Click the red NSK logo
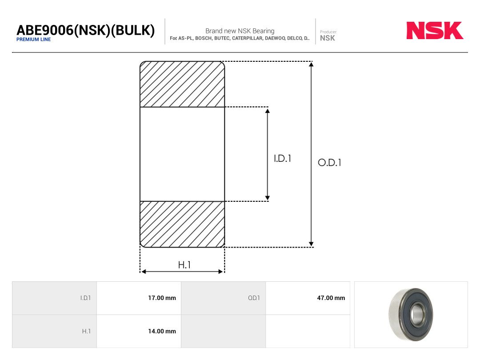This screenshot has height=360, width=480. [435, 30]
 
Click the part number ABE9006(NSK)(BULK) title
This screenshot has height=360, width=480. [85, 30]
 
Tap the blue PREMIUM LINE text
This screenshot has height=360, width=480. [33, 40]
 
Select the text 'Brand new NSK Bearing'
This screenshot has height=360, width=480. [240, 31]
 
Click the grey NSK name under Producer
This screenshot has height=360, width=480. [327, 38]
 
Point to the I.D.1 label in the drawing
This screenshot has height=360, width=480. [282, 158]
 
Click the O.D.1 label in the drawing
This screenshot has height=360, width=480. [329, 162]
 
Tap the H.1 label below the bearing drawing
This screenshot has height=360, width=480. [184, 265]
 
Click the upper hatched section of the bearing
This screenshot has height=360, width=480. [182, 84]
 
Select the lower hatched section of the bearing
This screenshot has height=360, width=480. [182, 224]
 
